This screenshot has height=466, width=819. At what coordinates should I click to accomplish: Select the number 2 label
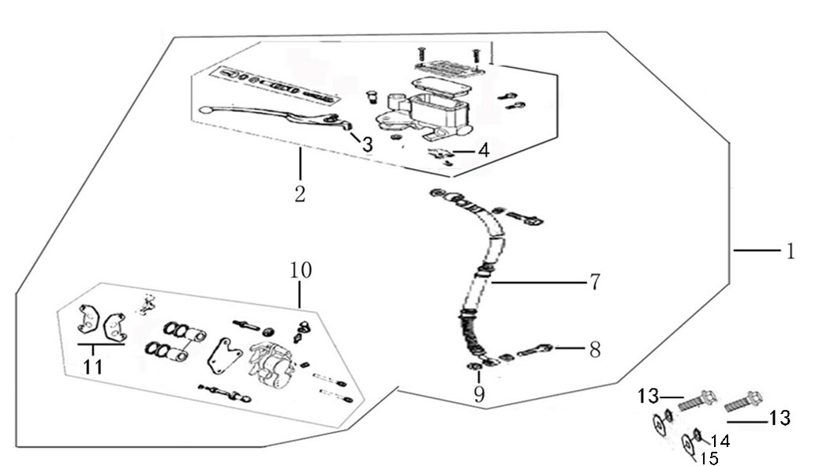pos(300,194)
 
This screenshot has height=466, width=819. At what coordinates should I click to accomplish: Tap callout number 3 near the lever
pos(367,145)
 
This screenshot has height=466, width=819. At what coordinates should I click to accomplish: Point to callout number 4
pos(483,149)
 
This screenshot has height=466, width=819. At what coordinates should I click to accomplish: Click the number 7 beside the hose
pos(594,281)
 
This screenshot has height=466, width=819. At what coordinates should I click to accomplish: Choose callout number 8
pos(594,349)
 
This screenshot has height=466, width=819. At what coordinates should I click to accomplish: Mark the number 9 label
pos(479,394)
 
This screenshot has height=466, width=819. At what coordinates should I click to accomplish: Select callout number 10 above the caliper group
pos(301,271)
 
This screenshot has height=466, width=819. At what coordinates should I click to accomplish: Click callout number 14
pos(720,441)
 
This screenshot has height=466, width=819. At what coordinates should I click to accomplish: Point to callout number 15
pos(709,457)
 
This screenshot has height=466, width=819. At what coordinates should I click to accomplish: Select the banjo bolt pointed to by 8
pos(537,350)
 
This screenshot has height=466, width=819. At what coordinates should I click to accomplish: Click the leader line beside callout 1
pos(753,251)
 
